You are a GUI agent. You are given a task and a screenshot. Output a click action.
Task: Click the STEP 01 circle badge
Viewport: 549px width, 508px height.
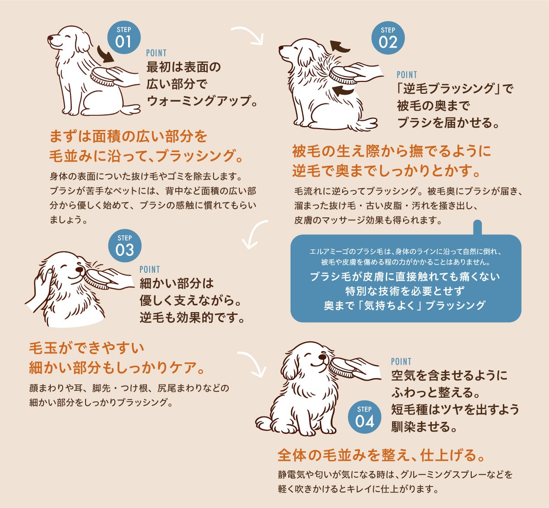[124, 38]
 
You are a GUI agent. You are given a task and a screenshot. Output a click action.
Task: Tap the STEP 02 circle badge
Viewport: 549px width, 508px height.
[388, 38]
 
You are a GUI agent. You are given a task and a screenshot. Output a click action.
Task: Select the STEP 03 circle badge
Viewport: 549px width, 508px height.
[125, 246]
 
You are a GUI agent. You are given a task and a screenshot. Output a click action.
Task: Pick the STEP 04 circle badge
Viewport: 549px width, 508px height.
[365, 417]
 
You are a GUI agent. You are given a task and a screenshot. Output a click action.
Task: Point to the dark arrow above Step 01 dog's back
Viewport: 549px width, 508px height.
[105, 54]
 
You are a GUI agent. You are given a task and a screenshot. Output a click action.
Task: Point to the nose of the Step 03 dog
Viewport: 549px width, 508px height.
[79, 269]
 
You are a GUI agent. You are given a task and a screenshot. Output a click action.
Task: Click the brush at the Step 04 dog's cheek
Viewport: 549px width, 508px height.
[340, 367]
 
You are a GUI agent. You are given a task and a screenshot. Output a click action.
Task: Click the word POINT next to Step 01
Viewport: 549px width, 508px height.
[156, 53]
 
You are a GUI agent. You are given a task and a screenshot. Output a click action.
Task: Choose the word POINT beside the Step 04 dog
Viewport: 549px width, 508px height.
[401, 362]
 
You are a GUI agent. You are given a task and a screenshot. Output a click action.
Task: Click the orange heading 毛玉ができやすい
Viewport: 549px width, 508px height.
[86, 348]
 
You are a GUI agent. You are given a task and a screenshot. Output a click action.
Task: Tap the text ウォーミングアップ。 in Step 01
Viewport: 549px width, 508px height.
[202, 101]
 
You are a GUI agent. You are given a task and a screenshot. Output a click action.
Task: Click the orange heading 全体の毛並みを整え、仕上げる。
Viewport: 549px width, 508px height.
[381, 455]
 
